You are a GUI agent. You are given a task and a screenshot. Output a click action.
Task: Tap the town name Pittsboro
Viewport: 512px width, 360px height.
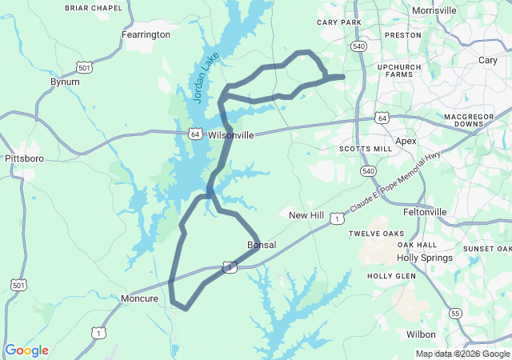pos(24,158)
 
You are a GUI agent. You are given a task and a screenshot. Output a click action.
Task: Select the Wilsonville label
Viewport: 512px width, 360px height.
pos(231,135)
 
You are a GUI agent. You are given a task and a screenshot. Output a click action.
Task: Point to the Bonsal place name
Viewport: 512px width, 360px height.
pos(262,244)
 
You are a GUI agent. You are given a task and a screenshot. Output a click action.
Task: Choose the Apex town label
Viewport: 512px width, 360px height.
pos(406,141)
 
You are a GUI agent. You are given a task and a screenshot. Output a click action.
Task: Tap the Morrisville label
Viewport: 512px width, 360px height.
pos(434,10)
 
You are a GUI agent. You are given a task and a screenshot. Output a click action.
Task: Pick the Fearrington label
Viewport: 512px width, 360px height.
pos(146,35)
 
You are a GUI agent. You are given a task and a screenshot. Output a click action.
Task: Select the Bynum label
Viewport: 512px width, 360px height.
pos(65,82)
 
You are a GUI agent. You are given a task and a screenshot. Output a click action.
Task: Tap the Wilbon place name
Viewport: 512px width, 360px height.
pos(421,334)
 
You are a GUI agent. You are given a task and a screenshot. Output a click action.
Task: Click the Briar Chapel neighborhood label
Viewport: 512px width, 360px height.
pos(94,8)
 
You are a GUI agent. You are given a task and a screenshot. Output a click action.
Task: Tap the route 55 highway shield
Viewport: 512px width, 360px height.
pos(454,313)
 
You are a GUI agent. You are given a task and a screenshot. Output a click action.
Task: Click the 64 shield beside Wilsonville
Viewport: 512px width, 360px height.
pos(195,134)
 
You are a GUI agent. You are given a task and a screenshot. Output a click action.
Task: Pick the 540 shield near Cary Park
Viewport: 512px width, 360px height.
pos(358,47)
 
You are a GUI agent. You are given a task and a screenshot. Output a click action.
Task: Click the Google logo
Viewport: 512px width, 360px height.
pos(26,350)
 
